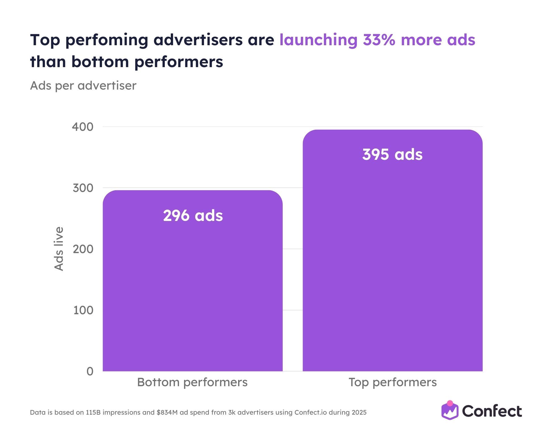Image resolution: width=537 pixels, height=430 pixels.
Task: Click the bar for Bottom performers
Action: tap(193, 284)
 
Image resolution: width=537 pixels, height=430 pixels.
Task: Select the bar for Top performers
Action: tap(392, 256)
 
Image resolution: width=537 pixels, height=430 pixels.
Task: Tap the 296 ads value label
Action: tap(193, 216)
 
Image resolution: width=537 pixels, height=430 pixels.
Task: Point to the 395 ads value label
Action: tap(392, 154)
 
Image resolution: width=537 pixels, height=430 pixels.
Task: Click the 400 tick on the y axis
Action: tap(83, 127)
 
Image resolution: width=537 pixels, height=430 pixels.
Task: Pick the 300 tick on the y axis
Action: tap(83, 188)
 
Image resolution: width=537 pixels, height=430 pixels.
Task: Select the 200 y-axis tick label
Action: tap(83, 249)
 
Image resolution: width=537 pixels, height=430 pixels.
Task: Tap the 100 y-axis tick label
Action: tap(83, 310)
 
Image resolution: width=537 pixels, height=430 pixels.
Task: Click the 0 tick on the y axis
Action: tap(90, 371)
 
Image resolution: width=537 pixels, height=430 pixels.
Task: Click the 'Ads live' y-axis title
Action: tap(59, 249)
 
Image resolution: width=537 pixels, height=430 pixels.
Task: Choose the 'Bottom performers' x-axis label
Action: tap(192, 382)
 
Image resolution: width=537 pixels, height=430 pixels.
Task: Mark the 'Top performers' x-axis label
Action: tap(392, 382)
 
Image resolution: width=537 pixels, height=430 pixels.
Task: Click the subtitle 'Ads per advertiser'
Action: tap(83, 86)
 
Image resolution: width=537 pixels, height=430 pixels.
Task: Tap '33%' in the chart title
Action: tap(379, 40)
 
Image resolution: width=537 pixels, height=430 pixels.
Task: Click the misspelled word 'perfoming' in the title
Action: tap(107, 40)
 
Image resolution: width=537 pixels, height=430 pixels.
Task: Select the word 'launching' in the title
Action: tap(318, 40)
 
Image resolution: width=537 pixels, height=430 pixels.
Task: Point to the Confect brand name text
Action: tap(492, 411)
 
